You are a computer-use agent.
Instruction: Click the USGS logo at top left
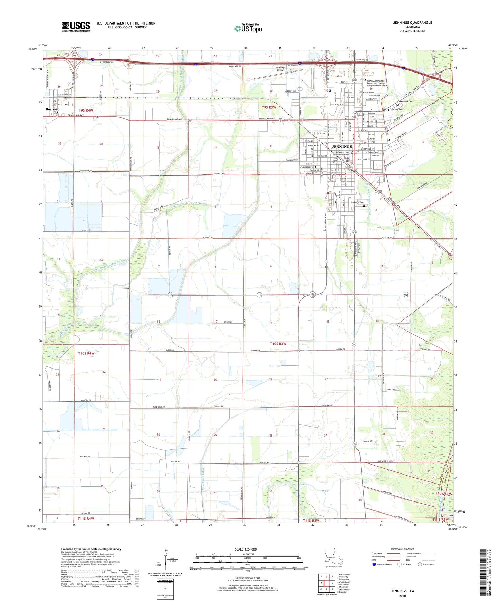coord(76,26)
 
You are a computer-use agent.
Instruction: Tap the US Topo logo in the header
coord(248,28)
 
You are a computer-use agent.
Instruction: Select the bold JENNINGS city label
coord(342,147)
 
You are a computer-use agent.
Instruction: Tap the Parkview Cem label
coord(357,202)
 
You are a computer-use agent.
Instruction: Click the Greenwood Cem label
coord(405,102)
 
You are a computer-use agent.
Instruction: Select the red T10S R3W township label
coord(278,344)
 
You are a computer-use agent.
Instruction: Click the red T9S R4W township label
coord(86,110)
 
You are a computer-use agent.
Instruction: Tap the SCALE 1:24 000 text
coord(246,549)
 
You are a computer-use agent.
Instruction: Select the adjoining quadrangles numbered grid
coord(326,583)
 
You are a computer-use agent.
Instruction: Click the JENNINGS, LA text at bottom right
coord(402,591)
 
